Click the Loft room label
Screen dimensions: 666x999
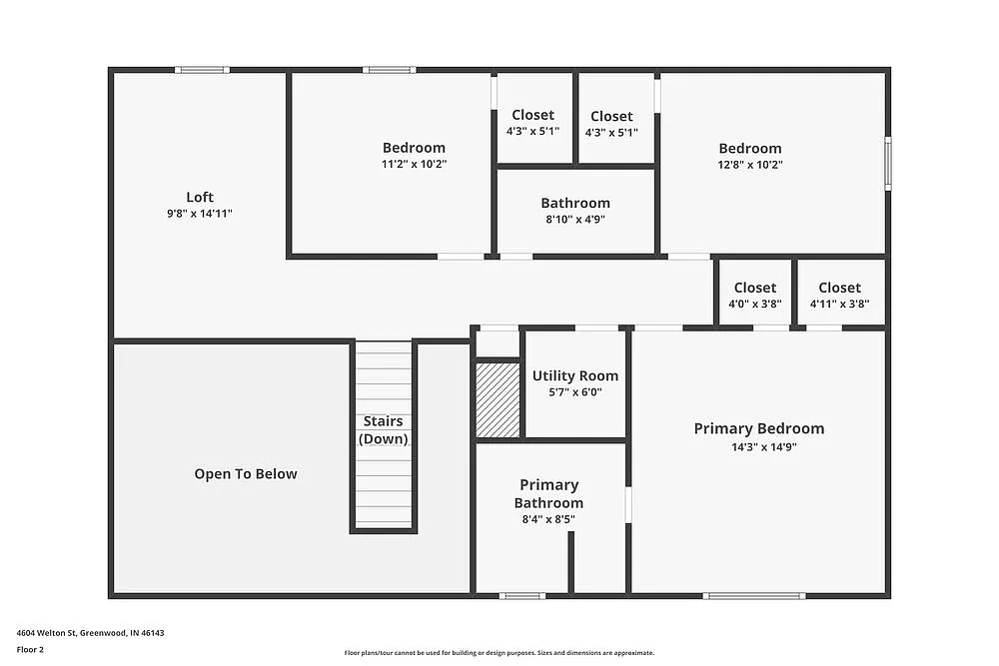(x=200, y=197)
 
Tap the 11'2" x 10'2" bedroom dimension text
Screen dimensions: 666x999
(x=414, y=164)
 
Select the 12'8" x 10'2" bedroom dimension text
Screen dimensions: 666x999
(x=749, y=165)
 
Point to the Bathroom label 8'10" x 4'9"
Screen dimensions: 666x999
(x=575, y=203)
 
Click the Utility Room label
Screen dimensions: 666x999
(x=574, y=376)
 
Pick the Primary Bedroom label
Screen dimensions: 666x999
(x=759, y=428)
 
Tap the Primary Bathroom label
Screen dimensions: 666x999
(x=548, y=494)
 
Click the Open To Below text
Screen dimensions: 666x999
(x=246, y=474)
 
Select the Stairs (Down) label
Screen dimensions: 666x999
(x=384, y=430)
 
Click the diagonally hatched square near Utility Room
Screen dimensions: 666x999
(x=498, y=399)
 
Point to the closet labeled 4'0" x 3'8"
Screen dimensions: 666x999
(x=754, y=296)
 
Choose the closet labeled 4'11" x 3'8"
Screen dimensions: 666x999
(x=839, y=296)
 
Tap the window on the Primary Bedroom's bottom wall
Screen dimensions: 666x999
(x=753, y=596)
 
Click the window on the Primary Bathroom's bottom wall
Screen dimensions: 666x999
(x=521, y=596)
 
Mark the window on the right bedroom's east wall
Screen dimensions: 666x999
(x=887, y=164)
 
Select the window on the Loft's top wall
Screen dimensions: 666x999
(x=202, y=70)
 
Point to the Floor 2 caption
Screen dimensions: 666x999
(x=30, y=649)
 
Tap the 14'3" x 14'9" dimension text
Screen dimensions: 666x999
(x=763, y=447)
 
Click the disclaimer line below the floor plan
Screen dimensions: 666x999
(x=499, y=653)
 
